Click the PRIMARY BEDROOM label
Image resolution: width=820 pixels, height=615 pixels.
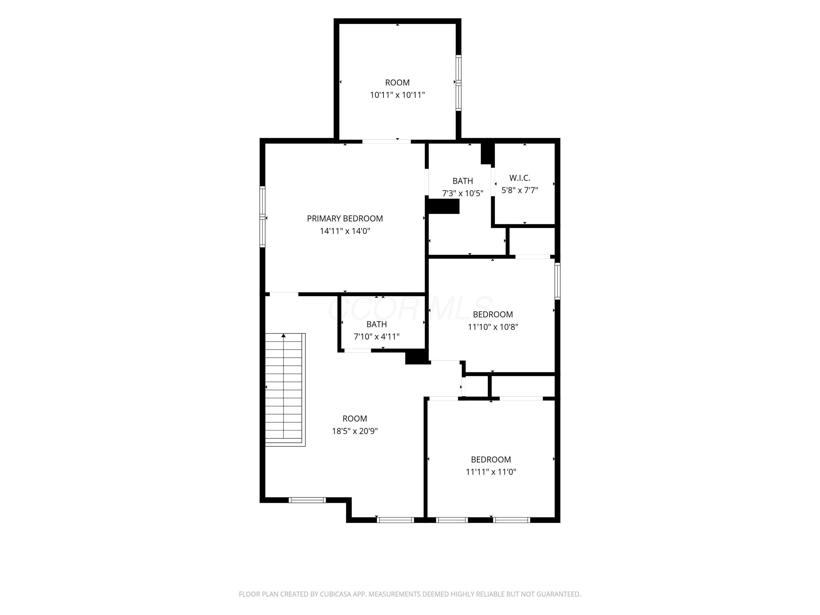point(345,219)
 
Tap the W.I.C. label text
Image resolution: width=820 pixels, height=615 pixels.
point(520,178)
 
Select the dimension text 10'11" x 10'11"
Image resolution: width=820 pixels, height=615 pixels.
point(397,95)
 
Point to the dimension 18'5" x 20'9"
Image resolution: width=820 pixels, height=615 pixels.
point(355,431)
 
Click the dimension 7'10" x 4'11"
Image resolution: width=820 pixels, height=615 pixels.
point(377,336)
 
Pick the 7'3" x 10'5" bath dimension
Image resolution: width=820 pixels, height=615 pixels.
point(463,193)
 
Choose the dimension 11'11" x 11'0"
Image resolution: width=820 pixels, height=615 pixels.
point(491,472)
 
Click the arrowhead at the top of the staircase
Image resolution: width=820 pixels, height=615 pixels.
point(284,335)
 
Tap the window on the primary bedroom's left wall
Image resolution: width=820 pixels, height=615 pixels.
point(262,216)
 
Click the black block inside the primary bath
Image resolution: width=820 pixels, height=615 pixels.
point(444,206)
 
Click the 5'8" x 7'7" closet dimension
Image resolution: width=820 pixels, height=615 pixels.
point(520,190)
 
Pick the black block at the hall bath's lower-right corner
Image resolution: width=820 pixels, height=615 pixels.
point(417,357)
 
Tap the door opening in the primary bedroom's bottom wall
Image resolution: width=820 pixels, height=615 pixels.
point(284,294)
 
